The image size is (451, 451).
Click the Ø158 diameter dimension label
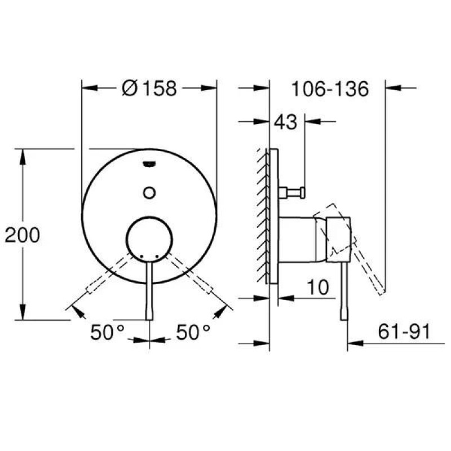[x=149, y=88]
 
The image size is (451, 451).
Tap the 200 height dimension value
[x=23, y=235]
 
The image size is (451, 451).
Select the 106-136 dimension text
[x=330, y=89]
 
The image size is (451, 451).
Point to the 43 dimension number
[x=286, y=122]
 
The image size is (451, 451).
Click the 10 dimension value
[x=318, y=287]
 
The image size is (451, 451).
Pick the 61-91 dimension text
[x=404, y=331]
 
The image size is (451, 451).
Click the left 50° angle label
[x=107, y=332]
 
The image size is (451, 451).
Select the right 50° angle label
[x=193, y=332]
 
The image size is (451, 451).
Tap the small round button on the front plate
[x=149, y=192]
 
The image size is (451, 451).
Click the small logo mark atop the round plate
[x=149, y=164]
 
